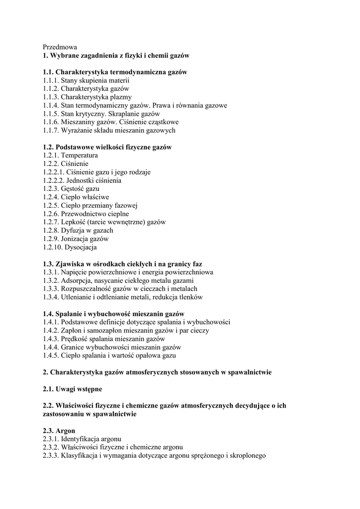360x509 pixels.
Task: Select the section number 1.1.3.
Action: pyautogui.click(x=51, y=97)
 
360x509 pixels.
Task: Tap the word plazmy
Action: pyautogui.click(x=121, y=97)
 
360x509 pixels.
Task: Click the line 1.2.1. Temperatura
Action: pyautogui.click(x=70, y=155)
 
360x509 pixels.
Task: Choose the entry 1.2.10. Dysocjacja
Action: pyautogui.click(x=70, y=247)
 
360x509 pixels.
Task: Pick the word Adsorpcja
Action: pyautogui.click(x=78, y=280)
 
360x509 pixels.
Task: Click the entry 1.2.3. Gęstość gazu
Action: pyautogui.click(x=71, y=189)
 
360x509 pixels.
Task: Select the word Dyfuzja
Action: pyautogui.click(x=74, y=230)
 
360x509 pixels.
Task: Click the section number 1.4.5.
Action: pyautogui.click(x=51, y=355)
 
